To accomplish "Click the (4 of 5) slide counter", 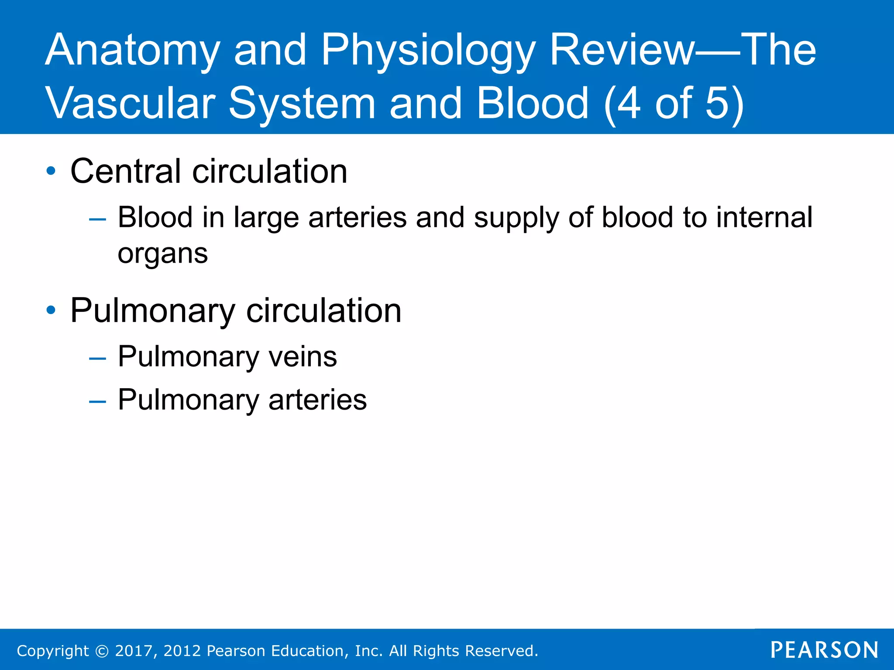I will coord(674,104).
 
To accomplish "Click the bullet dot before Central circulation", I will coord(51,171).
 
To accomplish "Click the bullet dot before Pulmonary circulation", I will coord(51,310).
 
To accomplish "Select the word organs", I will coord(162,254).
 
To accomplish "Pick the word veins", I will coord(303,357).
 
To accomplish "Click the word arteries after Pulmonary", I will coord(317,400).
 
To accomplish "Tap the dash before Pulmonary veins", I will coord(97,359).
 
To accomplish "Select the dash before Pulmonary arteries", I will coord(97,401).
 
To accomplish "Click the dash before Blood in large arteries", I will coord(97,219).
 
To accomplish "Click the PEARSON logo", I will coord(824,650).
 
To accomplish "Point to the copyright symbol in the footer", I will coord(102,651).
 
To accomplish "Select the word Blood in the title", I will coord(533,104).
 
